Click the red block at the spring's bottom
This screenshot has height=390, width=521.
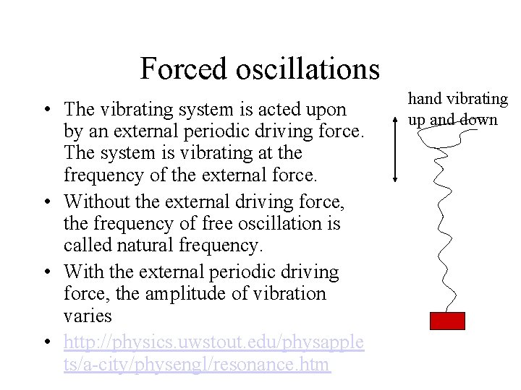pos(447,321)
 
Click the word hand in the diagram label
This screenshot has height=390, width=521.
pos(424,98)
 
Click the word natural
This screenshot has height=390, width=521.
pos(154,246)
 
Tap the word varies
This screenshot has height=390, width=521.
pos(88,316)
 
